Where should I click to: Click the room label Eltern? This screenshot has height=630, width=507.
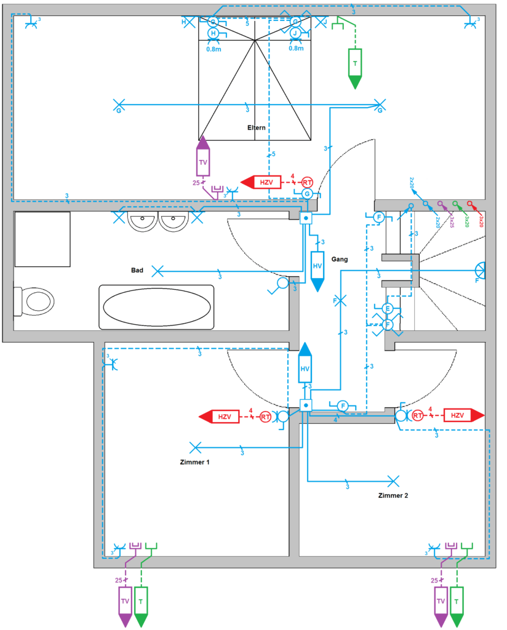click(x=256, y=128)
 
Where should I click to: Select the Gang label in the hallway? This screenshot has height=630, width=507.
click(x=339, y=259)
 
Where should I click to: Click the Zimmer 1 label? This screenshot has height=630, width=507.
click(x=195, y=461)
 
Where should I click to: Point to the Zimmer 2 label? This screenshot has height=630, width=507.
click(x=393, y=495)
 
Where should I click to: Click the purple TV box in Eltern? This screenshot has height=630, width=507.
click(x=202, y=162)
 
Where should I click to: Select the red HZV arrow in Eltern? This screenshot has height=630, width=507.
click(x=261, y=182)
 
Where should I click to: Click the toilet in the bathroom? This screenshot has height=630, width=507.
click(x=36, y=301)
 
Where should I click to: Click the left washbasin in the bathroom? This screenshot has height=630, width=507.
click(x=143, y=221)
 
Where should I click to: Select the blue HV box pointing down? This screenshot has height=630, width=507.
click(x=317, y=268)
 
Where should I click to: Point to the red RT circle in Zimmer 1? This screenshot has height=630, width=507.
click(x=265, y=417)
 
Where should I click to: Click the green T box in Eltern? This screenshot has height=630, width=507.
click(x=355, y=65)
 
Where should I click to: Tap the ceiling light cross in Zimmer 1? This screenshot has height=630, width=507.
click(x=196, y=447)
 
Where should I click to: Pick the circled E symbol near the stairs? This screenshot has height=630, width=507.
click(x=387, y=308)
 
